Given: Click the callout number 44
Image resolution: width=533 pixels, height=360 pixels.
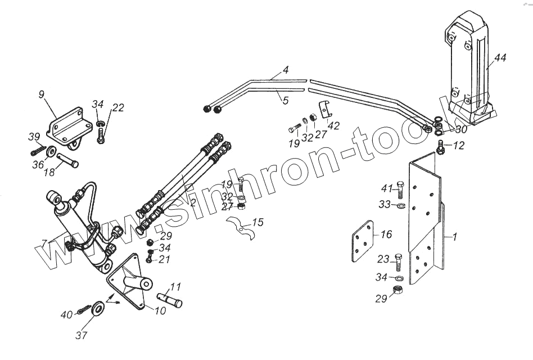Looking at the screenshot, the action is point(500,57).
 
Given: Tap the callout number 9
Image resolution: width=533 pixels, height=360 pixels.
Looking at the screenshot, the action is point(42,94).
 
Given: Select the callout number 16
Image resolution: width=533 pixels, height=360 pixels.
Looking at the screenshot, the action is point(386,233).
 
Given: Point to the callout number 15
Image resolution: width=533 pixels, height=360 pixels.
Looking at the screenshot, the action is point(257,223).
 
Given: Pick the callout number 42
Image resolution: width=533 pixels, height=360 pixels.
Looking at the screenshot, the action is point(333,126).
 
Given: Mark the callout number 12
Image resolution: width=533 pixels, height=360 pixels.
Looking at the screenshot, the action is point(458,146).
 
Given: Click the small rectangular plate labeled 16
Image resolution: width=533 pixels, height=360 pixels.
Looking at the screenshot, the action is point(362,241).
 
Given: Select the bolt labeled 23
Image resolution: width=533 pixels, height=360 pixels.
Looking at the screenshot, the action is point(398,262).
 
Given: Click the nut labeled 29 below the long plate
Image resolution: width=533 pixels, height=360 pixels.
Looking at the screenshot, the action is point(398,290).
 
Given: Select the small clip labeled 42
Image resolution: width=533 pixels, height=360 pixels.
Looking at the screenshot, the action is point(324,109).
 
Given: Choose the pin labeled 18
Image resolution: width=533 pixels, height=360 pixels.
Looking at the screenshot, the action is point(67,161).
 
